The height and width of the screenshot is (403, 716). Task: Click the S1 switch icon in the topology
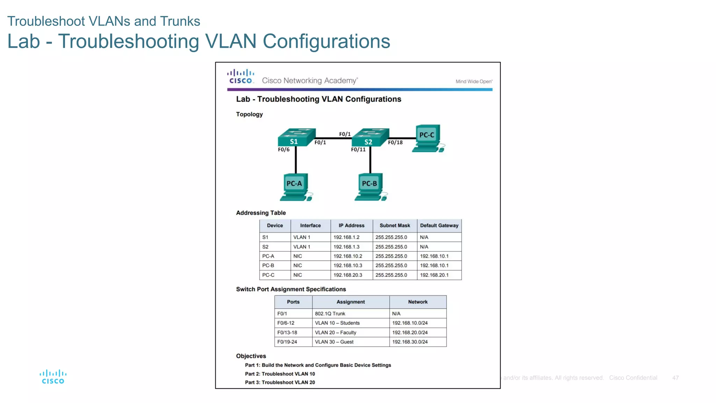pos(296,137)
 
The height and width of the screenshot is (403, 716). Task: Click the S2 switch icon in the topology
pos(370,137)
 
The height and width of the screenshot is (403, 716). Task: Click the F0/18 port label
pos(395,142)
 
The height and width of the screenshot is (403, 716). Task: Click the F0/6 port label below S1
pos(284,150)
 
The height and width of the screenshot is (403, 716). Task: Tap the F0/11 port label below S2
pos(358,150)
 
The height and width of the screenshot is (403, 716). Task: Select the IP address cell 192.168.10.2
pos(348,256)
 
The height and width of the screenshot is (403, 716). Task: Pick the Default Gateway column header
pos(439,226)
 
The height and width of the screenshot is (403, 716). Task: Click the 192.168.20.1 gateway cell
pos(434,275)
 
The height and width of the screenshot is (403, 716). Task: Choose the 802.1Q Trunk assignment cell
pos(330,313)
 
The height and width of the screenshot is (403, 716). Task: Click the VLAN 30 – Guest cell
pos(334,342)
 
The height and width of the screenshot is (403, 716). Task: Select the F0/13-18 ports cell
pos(287,332)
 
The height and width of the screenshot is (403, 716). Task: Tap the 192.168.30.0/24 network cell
pos(410,342)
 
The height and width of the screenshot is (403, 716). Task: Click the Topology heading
pos(249,114)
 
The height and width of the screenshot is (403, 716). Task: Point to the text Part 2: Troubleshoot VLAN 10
pos(280,374)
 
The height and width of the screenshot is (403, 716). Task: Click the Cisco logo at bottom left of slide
pos(53,377)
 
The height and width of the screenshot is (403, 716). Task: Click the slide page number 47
pos(675,378)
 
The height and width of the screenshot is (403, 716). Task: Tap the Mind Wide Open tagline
pos(474,82)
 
